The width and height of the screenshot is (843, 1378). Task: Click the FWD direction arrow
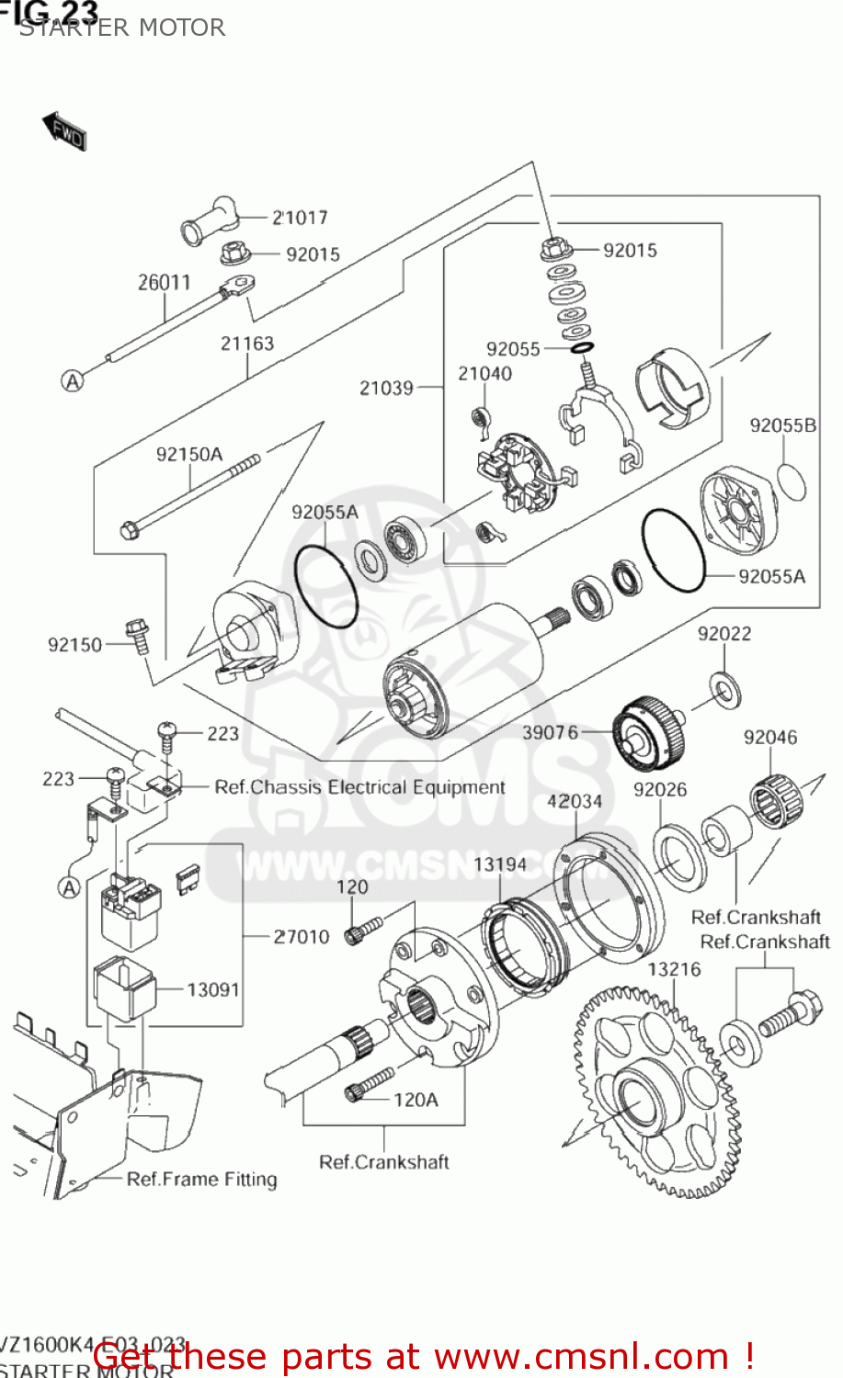[64, 131]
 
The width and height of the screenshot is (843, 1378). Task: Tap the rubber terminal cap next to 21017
[209, 221]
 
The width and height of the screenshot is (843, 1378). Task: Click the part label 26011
[164, 283]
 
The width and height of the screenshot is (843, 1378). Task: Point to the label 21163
[246, 344]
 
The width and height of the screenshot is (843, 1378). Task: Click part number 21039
[386, 389]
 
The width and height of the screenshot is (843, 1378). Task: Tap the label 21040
[484, 374]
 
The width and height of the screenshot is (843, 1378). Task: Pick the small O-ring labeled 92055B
[792, 482]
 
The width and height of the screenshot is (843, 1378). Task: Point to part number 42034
[575, 801]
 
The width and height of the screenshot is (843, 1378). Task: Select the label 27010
[302, 937]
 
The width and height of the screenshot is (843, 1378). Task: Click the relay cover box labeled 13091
[122, 988]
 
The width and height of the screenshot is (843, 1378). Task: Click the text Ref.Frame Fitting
[201, 1180]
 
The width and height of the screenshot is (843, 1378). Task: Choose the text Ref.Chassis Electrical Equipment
[359, 787]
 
